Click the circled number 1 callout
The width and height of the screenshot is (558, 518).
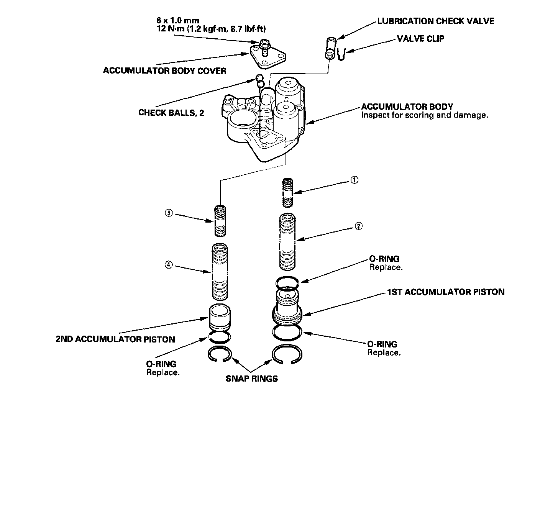click(354, 180)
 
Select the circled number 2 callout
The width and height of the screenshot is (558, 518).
click(358, 226)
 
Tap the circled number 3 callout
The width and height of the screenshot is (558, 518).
click(168, 213)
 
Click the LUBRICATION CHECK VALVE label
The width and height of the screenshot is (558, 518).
click(435, 21)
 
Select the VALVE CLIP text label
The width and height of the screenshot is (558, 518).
click(420, 39)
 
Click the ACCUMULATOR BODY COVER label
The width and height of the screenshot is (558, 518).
click(164, 71)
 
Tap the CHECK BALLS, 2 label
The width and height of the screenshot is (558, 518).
click(171, 113)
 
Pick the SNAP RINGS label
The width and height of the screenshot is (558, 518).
click(251, 379)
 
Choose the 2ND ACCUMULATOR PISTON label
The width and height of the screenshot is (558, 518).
click(115, 339)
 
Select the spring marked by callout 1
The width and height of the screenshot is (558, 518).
click(287, 192)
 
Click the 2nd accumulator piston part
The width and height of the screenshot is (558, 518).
click(219, 316)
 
